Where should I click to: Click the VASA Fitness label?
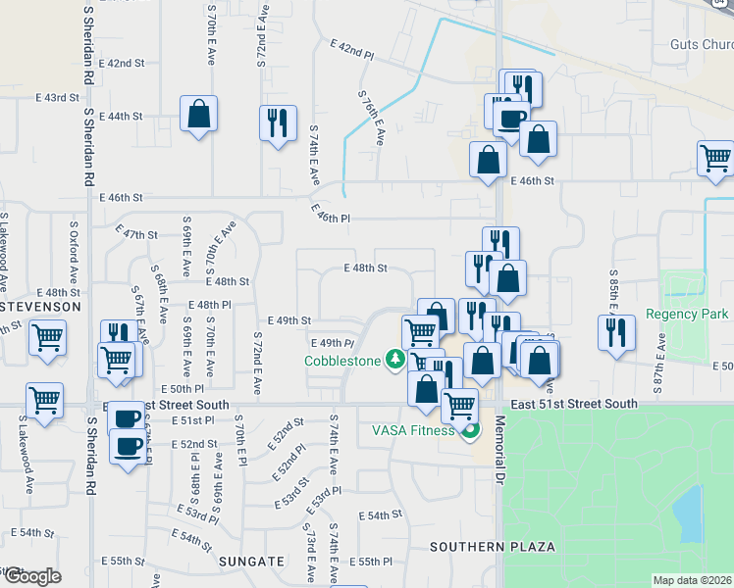pos(413,430)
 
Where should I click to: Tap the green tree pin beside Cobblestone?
pos(395,360)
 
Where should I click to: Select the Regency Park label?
pos(687,315)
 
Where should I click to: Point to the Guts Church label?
pos(701,44)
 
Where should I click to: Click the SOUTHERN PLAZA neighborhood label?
pos(493,546)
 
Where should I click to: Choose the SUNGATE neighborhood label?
pos(254,562)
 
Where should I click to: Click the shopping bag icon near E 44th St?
pos(198,114)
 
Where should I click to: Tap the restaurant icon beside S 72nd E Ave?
pos(277,122)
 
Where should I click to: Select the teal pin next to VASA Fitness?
pos(471,429)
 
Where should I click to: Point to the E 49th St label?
pos(289,320)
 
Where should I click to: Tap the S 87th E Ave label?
pos(661,357)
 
